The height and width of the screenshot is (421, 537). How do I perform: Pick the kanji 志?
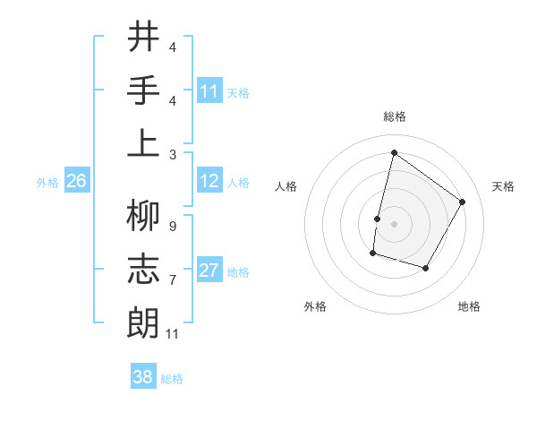143,269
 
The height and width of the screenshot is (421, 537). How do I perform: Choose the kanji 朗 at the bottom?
143,322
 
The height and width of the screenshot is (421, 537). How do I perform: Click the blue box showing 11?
209,91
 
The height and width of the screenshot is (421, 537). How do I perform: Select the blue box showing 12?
209,182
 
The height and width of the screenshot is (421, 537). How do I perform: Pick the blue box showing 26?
76,182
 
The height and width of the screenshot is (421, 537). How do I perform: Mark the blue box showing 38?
143,378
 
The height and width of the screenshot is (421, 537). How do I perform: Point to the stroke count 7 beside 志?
172,280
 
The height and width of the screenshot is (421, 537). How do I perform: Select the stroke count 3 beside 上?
172,154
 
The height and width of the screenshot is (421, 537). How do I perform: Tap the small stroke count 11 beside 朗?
174,334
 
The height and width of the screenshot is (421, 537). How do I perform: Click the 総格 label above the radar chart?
394,116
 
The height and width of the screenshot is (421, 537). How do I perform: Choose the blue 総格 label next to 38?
172,379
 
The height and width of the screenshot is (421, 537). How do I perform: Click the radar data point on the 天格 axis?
462,202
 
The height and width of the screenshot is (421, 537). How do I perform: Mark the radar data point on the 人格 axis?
377,219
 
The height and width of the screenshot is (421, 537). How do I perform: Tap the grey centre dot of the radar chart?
394,224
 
